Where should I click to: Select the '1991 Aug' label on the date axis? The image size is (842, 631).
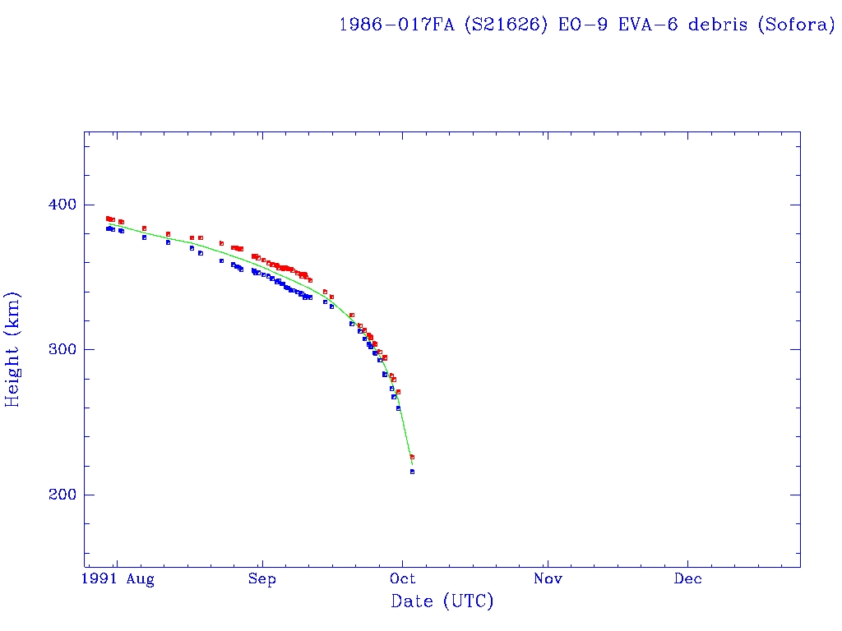(118, 579)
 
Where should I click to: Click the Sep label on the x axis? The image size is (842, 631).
(261, 579)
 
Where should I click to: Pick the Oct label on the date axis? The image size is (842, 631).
(403, 579)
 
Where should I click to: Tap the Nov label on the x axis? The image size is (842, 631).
(547, 579)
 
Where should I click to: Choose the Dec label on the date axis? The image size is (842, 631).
(688, 579)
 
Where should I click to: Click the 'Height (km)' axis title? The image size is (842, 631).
(13, 349)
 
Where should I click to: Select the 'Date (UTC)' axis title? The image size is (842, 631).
(442, 601)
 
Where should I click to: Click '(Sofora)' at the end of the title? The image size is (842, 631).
(795, 25)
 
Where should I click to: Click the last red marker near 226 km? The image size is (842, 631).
(412, 457)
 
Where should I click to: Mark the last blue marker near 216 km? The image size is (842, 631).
(412, 472)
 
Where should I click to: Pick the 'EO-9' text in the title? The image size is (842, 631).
(575, 25)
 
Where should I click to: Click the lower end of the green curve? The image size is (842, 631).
(412, 465)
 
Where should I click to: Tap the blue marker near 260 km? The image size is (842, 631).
(398, 408)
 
